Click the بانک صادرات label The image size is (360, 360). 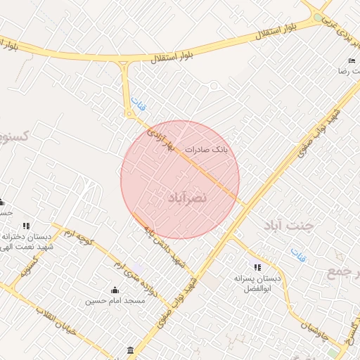(207, 149)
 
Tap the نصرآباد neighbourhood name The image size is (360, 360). (188, 198)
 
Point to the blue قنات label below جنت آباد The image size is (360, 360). (298, 254)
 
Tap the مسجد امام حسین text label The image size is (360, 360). (115, 301)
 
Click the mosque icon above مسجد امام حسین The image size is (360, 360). (115, 290)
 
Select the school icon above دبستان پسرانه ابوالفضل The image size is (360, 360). (257, 267)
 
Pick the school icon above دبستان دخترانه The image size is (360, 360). (26, 226)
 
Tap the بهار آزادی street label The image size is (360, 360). (159, 140)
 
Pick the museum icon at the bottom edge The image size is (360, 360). (130, 350)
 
